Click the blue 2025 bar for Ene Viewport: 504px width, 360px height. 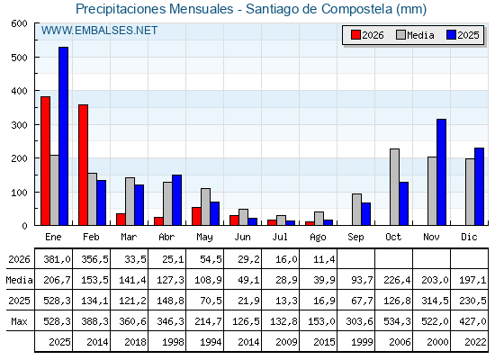coord(63,136)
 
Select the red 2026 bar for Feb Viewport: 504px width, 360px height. coord(83,165)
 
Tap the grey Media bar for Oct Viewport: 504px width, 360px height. coord(395,187)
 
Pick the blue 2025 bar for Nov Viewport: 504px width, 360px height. coord(441,172)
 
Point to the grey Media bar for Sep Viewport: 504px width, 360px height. coord(356,210)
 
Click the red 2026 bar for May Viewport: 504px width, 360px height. coord(196,216)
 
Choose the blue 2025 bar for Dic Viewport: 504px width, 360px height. coord(479,186)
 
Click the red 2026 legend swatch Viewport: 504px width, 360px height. coord(355,35)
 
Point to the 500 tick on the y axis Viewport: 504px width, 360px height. coord(36,57)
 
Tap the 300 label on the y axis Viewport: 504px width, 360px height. coord(19,125)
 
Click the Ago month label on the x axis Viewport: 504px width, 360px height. coord(318,238)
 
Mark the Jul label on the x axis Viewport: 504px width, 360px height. coord(280,237)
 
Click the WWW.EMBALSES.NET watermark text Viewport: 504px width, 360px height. coord(99,31)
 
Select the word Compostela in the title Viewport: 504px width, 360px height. coord(356,9)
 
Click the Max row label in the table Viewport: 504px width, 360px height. coord(19,321)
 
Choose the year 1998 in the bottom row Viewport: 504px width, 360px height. coord(173,342)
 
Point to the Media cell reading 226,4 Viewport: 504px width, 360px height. coord(397,280)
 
